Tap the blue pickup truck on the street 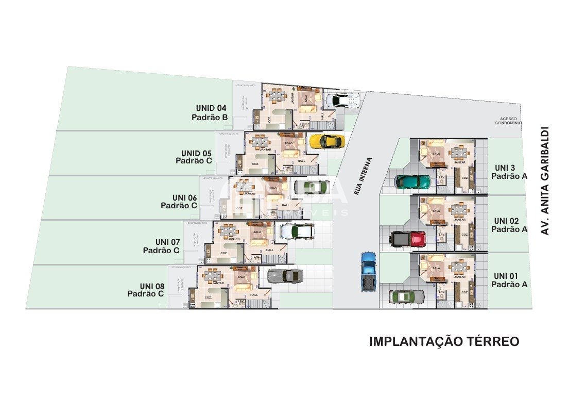click(x=368, y=270)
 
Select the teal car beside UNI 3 click(x=412, y=181)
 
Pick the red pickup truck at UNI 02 click(x=408, y=239)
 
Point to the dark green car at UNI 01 click(x=407, y=296)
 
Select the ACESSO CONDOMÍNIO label click(x=508, y=121)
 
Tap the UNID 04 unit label click(x=211, y=108)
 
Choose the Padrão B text click(x=210, y=118)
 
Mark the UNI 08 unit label click(x=152, y=286)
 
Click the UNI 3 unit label click(x=505, y=168)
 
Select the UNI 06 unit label click(x=184, y=197)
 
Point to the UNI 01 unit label click(x=506, y=275)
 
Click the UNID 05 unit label click(x=196, y=153)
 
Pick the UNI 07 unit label click(x=167, y=242)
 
